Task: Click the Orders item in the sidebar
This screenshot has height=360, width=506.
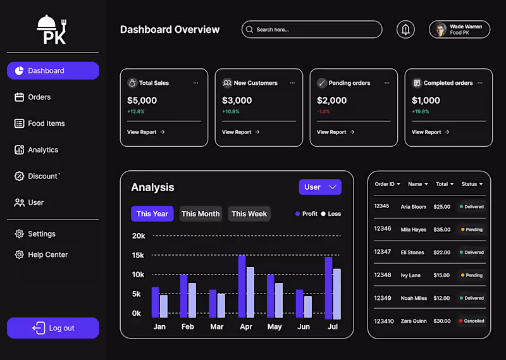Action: coord(39,97)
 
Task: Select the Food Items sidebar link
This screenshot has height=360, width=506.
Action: coord(46,123)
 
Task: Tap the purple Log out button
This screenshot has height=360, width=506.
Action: coord(53,328)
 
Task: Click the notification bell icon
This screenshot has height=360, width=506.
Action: coord(405,29)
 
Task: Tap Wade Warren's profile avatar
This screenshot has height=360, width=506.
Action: coord(440,29)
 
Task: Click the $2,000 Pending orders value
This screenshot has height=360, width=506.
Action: coord(332,100)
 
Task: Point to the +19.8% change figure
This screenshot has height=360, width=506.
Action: coord(421,111)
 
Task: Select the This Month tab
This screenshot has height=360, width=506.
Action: coord(201,214)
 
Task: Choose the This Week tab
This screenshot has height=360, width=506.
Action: coord(249,214)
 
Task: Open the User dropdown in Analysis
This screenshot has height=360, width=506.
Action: coord(320,187)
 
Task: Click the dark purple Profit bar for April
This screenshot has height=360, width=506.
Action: coord(242,286)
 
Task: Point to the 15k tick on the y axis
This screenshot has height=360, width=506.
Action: coord(138,255)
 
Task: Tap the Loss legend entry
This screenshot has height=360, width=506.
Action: coord(331,214)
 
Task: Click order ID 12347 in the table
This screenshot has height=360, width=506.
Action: coord(382,252)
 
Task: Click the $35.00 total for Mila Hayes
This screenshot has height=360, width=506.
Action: coord(442,230)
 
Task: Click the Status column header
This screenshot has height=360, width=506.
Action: coord(472,184)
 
